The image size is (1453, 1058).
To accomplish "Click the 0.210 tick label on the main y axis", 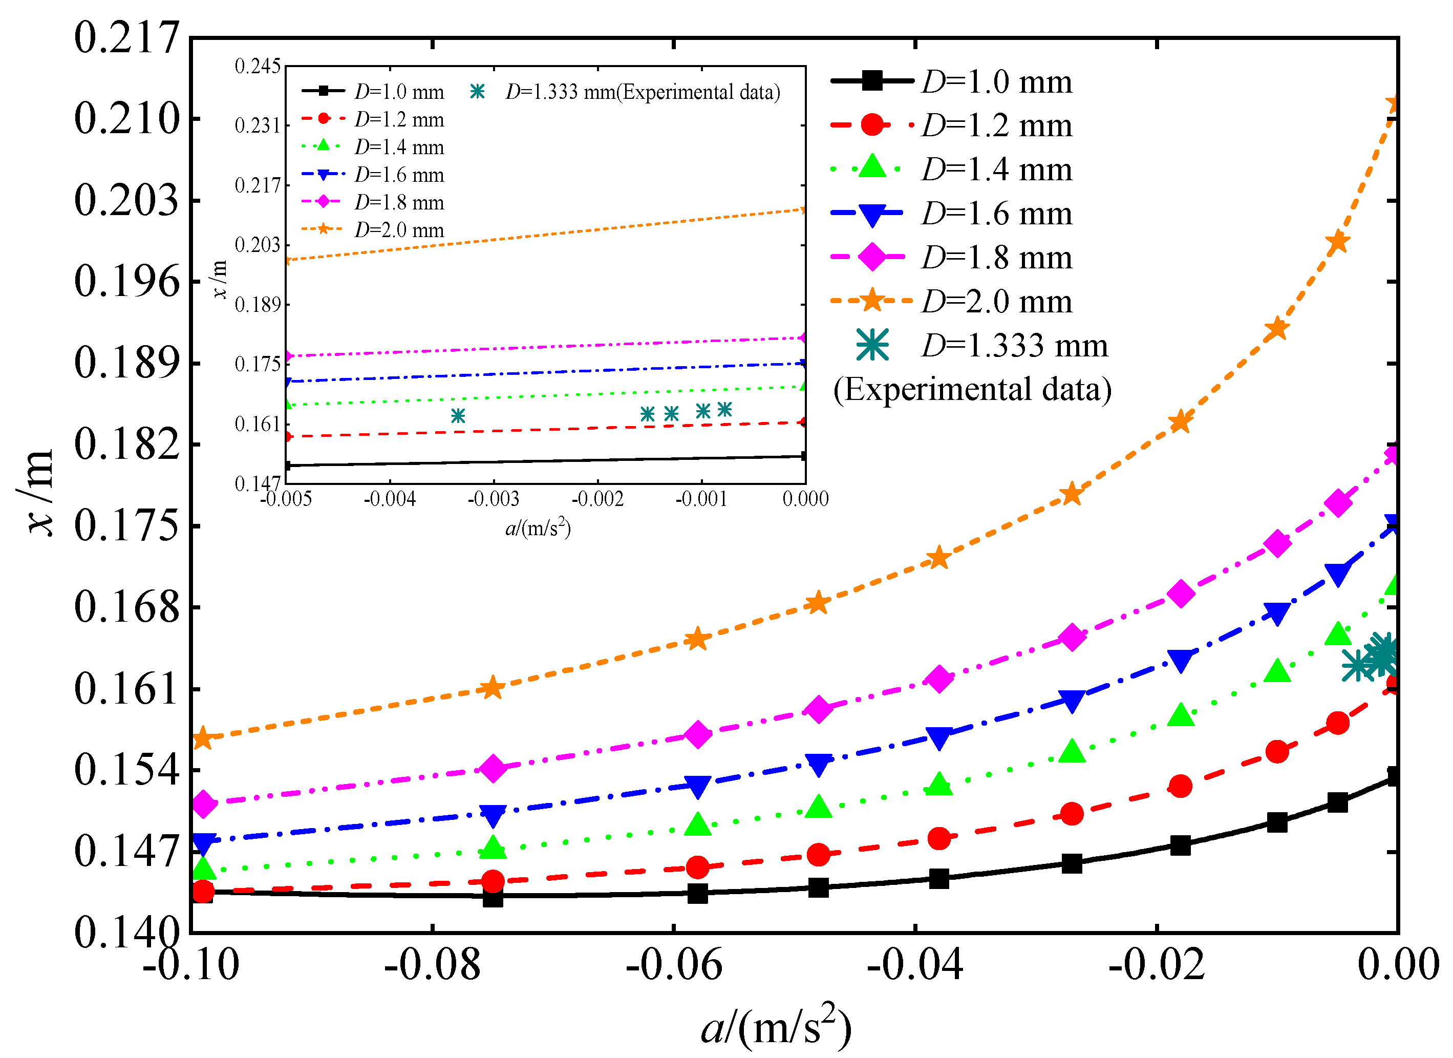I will [126, 119].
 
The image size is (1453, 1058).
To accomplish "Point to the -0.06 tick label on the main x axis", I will [673, 964].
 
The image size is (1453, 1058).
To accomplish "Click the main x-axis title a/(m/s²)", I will [776, 1026].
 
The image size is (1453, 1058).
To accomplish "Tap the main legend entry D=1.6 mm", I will [996, 214].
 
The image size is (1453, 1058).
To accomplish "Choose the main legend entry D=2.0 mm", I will [996, 301].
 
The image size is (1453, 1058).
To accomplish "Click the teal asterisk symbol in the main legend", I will [872, 345].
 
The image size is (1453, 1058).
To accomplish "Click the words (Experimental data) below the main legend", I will [972, 389].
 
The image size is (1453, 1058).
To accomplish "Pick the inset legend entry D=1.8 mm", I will [398, 202].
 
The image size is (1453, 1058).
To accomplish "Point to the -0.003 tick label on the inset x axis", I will [494, 499].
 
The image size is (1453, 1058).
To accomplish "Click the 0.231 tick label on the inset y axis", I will [258, 125].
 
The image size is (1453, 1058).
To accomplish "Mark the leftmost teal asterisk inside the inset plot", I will [457, 416].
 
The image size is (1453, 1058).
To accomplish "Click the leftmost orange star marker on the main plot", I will [202, 738].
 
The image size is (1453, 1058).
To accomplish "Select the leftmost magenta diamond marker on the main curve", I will [204, 803].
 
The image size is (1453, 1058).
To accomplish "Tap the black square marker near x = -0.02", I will [1180, 845].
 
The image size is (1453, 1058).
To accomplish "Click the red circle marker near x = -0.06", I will [698, 867].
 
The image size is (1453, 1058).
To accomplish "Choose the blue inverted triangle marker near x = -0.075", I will [493, 816].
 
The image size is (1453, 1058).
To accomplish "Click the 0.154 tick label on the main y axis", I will [126, 770].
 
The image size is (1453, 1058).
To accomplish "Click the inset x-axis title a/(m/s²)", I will [538, 528].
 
